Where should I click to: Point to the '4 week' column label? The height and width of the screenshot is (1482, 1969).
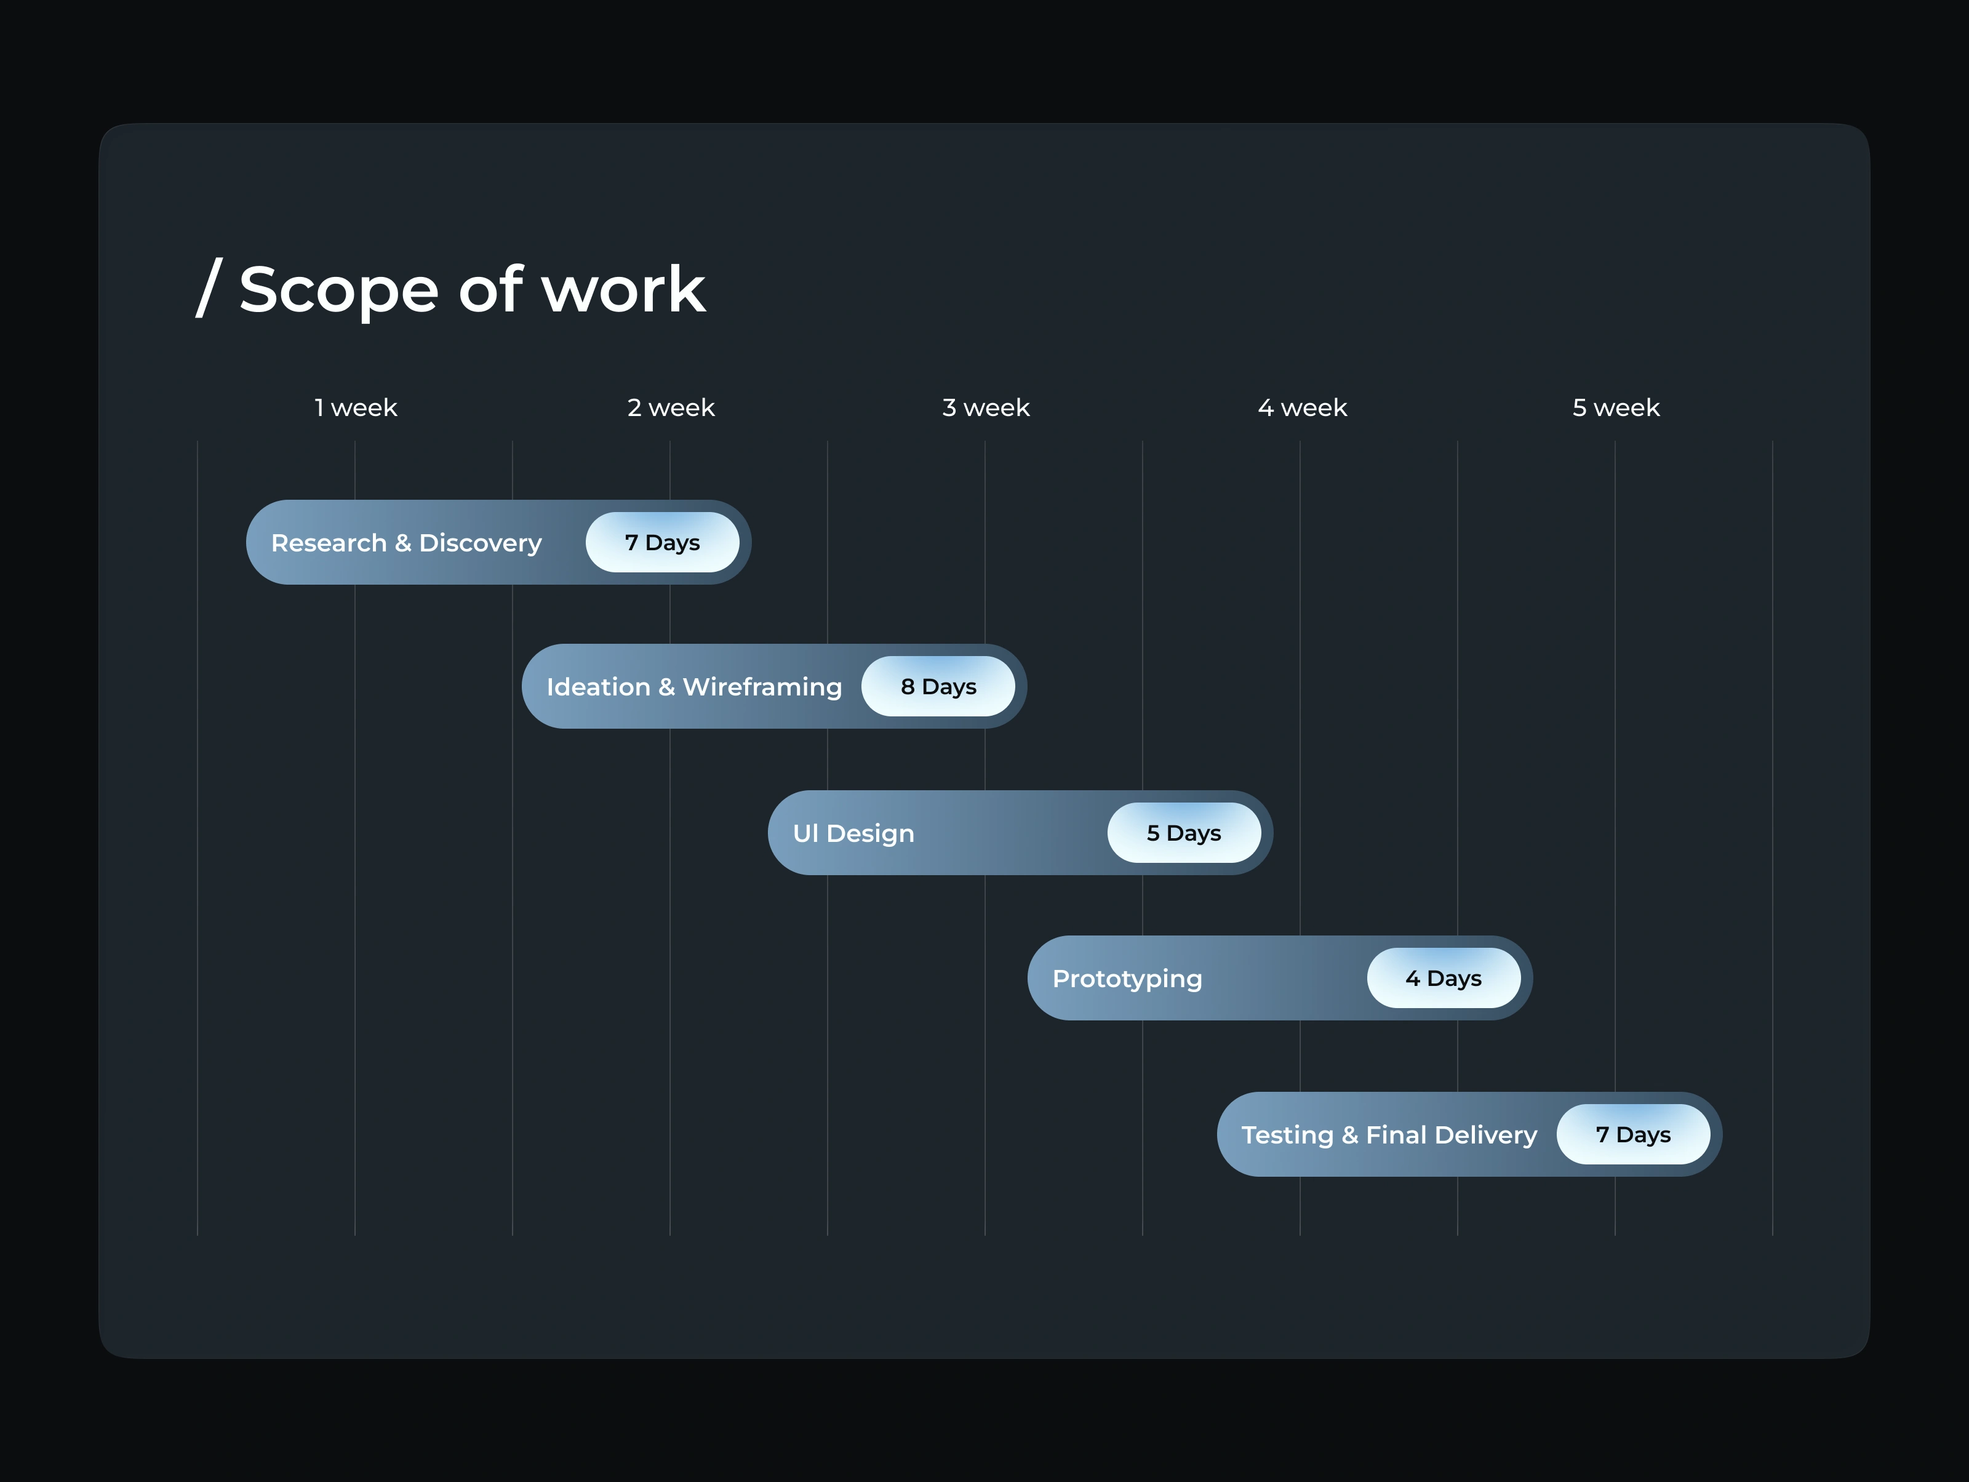(x=1301, y=407)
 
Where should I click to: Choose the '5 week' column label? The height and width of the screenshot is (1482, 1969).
(x=1616, y=407)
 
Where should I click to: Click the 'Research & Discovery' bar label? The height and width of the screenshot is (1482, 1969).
(x=406, y=543)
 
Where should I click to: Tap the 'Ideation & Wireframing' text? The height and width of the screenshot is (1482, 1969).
(x=693, y=687)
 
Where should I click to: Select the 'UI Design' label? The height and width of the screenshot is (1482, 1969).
(x=853, y=833)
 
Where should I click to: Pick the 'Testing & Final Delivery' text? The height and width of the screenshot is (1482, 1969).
(x=1389, y=1135)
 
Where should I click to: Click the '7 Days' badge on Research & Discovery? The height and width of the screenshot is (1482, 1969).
(x=662, y=542)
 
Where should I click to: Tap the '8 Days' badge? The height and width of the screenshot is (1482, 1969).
(x=938, y=686)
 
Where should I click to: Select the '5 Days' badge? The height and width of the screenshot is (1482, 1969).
(x=1184, y=832)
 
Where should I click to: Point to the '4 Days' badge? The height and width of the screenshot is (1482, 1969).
(x=1444, y=977)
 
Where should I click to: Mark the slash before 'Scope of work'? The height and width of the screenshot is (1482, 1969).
(x=209, y=287)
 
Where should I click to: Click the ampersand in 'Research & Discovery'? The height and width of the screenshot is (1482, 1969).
(x=403, y=543)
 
